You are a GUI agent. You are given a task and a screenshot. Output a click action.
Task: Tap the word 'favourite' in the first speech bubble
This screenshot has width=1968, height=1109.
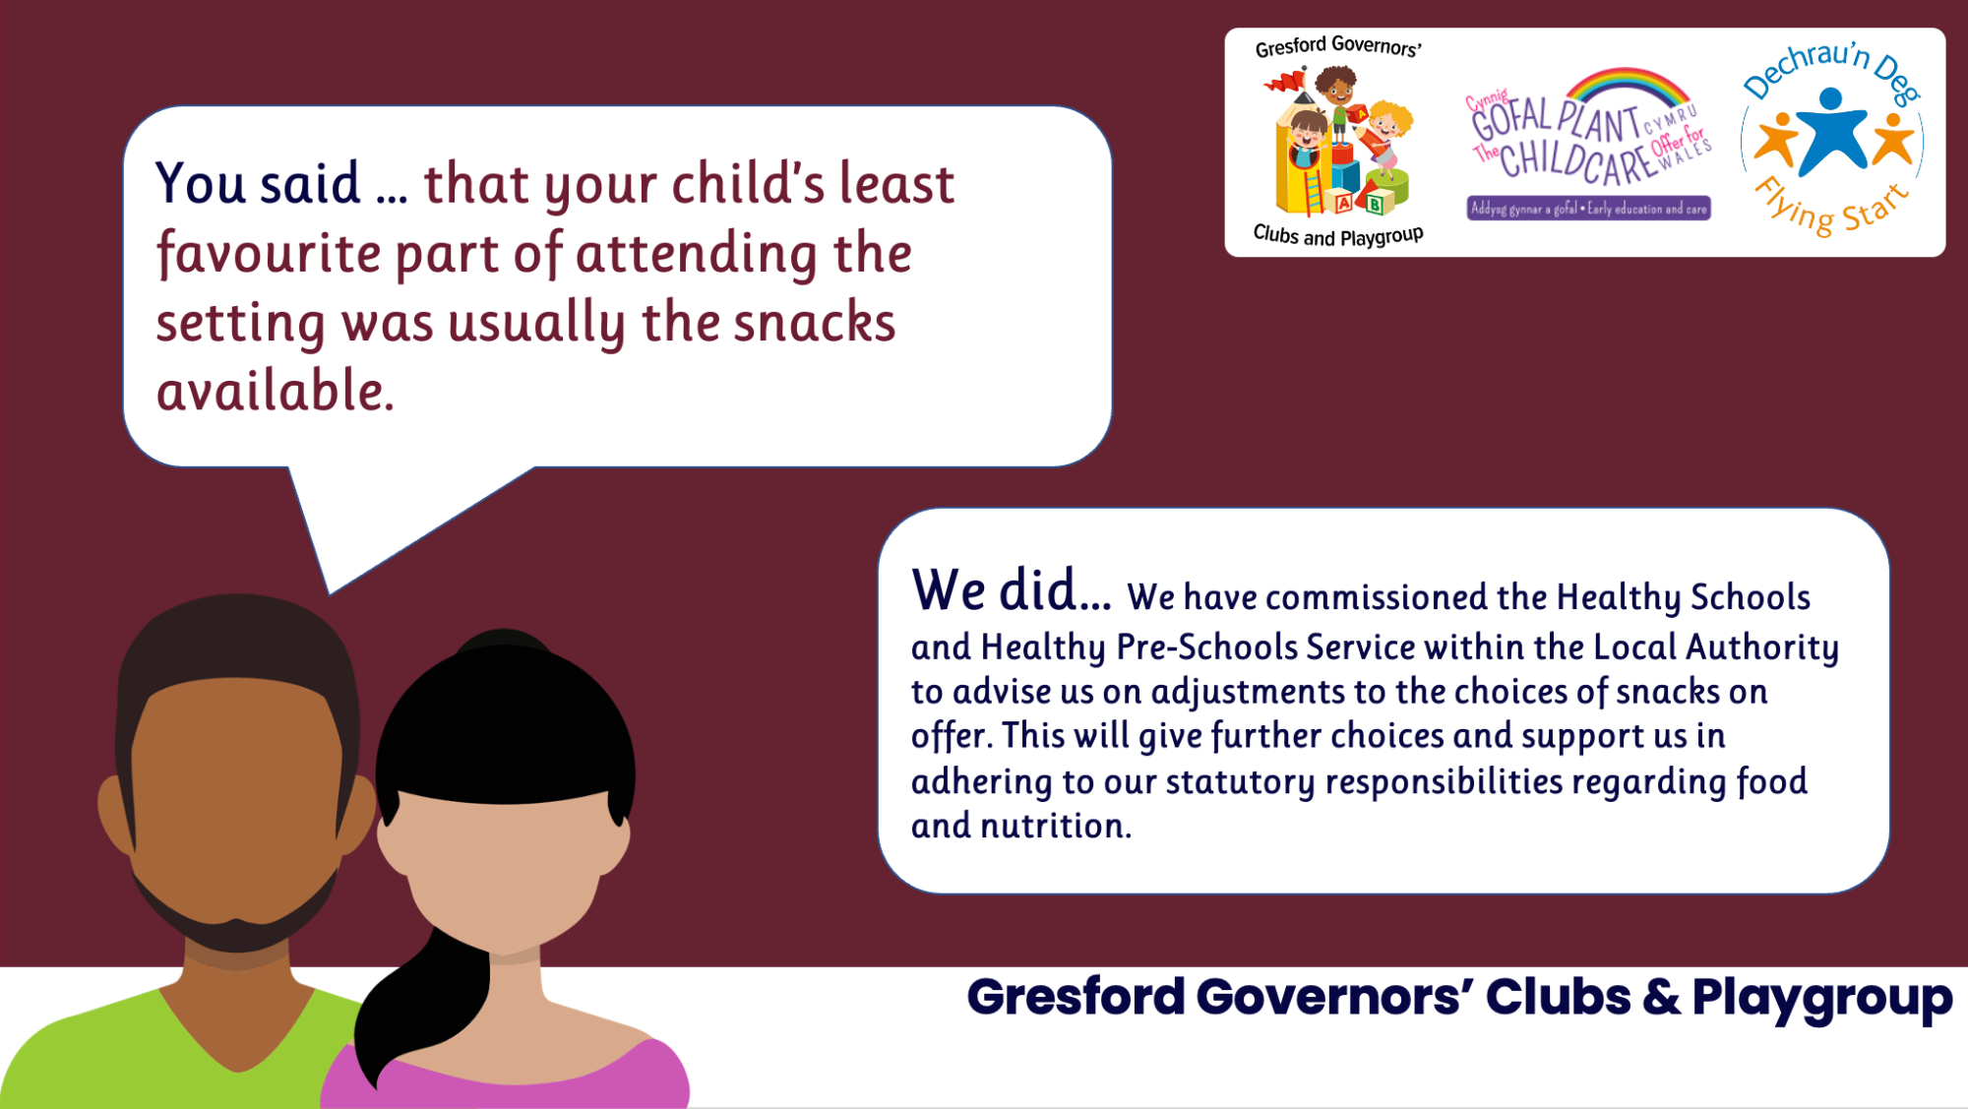click(268, 254)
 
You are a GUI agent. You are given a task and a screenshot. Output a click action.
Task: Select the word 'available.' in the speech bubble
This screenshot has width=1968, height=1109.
click(276, 391)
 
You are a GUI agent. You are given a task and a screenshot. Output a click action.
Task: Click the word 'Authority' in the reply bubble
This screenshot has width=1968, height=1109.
click(1762, 647)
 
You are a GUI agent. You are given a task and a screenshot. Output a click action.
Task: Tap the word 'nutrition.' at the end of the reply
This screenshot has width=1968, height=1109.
click(1056, 826)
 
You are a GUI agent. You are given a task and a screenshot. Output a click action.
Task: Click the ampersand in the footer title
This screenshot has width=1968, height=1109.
click(1661, 997)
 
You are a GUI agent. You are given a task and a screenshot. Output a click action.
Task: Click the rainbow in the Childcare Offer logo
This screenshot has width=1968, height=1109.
click(1626, 85)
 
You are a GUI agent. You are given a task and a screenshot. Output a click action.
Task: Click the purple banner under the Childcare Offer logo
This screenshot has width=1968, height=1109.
click(1588, 209)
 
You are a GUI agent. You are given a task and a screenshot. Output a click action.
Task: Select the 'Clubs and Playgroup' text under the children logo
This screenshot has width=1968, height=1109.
click(1338, 235)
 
